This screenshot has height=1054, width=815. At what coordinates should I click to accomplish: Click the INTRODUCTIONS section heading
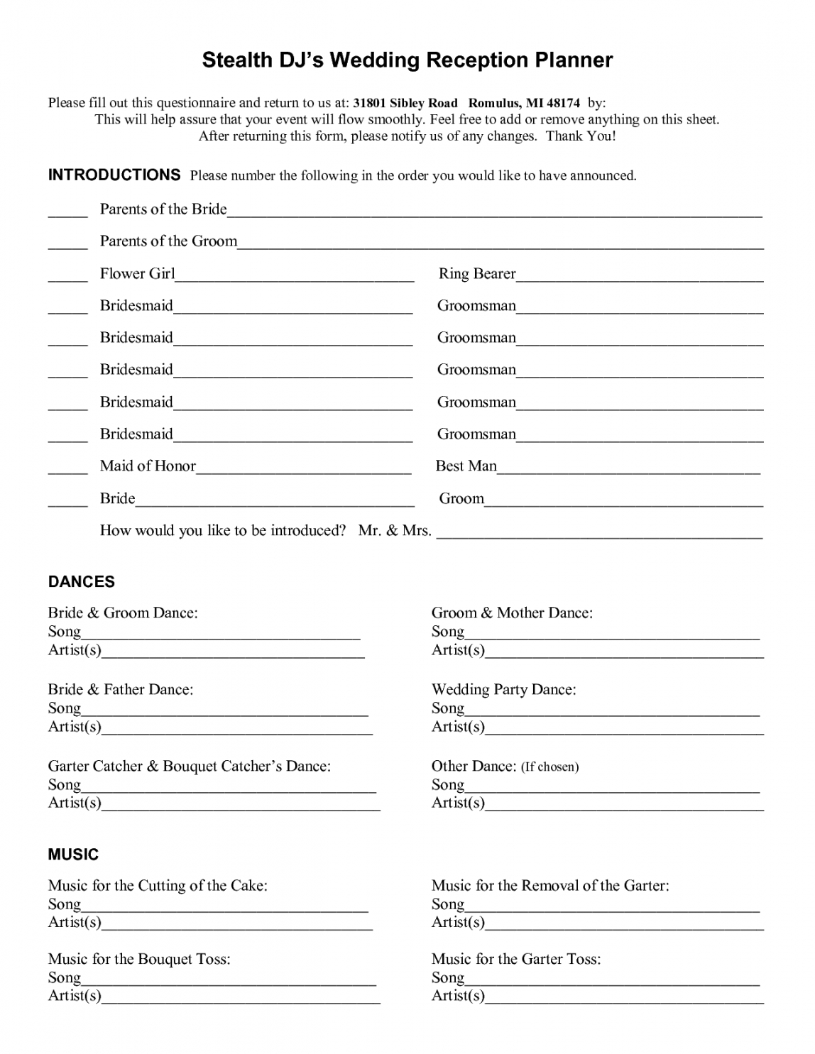[114, 175]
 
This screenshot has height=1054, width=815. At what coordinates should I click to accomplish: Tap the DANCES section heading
[81, 582]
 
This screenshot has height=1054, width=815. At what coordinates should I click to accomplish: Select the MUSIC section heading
[73, 855]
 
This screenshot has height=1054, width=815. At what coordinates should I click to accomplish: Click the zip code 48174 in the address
[564, 103]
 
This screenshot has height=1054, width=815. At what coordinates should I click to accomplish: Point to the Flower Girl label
[137, 274]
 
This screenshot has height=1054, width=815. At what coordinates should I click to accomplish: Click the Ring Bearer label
[477, 274]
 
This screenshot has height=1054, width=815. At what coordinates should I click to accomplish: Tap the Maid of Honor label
[148, 466]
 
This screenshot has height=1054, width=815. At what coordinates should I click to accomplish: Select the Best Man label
[466, 466]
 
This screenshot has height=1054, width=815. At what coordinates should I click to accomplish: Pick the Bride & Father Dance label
[121, 689]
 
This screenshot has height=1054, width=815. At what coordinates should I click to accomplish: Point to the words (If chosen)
[550, 767]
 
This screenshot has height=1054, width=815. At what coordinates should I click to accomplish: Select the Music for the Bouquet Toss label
[139, 960]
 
